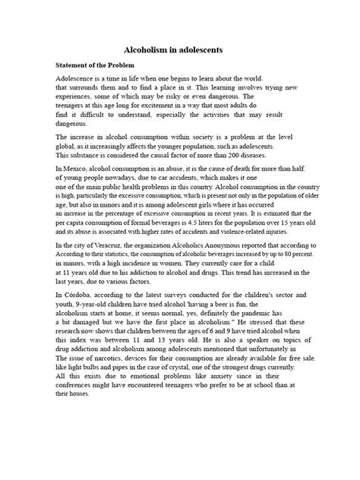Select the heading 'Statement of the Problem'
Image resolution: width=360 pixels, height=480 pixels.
point(99,65)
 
